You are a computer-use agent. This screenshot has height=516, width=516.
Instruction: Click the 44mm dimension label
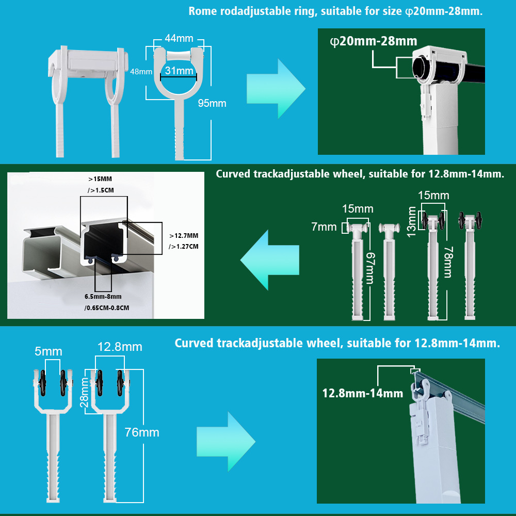(x=179, y=38)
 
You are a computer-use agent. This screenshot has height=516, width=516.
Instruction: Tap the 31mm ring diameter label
(x=179, y=71)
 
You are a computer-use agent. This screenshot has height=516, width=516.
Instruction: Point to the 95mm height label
(x=212, y=103)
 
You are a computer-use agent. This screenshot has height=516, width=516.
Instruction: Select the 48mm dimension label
(x=141, y=72)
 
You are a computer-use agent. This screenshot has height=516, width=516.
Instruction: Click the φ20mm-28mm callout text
(x=373, y=42)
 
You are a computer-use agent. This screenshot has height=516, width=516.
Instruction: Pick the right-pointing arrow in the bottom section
(x=227, y=441)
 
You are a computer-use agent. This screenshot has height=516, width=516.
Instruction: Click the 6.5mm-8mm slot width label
(x=103, y=297)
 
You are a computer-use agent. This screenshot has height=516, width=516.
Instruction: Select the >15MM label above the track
(x=100, y=179)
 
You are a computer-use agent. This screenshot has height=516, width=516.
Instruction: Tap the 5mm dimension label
(x=49, y=352)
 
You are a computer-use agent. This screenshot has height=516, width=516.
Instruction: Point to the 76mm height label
(x=142, y=432)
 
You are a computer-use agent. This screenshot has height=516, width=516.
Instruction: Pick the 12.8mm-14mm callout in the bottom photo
(x=362, y=393)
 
